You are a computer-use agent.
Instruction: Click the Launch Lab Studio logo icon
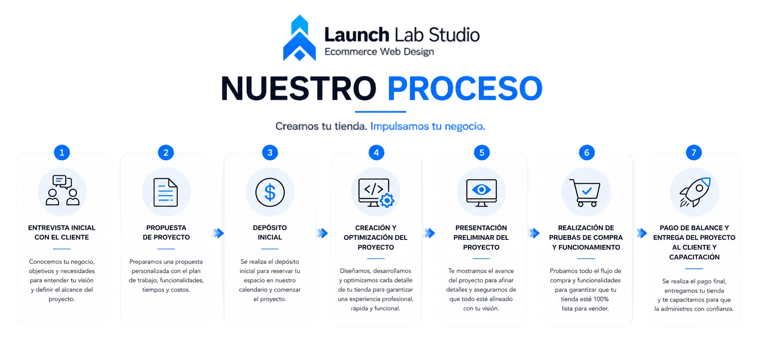click(x=299, y=38)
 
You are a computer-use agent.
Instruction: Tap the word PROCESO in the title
click(x=465, y=88)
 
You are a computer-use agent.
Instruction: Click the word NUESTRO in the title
click(x=298, y=88)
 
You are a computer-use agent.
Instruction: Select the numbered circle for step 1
click(x=62, y=153)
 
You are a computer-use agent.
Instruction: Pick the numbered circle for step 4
click(x=376, y=153)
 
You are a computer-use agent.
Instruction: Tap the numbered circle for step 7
click(x=694, y=153)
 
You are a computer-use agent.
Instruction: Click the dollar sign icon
click(x=270, y=192)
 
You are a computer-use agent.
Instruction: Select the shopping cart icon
click(x=585, y=193)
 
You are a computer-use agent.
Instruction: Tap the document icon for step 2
click(x=166, y=192)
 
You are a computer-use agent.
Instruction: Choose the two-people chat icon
click(x=62, y=190)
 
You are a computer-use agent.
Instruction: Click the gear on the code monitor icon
click(x=387, y=200)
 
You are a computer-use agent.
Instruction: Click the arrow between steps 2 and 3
click(x=218, y=233)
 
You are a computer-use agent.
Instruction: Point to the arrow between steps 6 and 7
click(x=642, y=233)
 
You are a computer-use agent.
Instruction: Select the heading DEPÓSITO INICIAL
click(x=270, y=232)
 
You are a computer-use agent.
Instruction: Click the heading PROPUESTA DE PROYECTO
click(x=166, y=232)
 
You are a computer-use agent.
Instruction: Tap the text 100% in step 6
click(x=601, y=299)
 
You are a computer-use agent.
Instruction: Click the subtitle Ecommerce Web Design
click(x=379, y=52)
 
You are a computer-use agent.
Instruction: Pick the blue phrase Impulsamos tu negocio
click(x=428, y=126)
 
